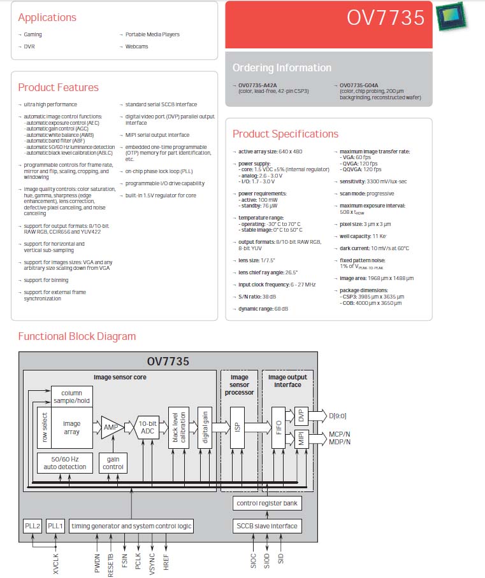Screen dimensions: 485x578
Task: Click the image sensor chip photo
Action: click(451, 17)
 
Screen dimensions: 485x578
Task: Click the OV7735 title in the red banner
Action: click(386, 17)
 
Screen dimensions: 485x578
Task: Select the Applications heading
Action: click(47, 17)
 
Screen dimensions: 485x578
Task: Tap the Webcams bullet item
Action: click(136, 46)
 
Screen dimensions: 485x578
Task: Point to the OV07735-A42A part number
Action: click(257, 85)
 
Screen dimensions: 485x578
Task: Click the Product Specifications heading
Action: click(286, 134)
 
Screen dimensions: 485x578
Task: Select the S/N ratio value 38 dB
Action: click(269, 297)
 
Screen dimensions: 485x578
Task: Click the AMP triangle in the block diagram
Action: click(112, 427)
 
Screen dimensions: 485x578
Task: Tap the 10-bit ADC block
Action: click(147, 427)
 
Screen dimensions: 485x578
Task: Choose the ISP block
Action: click(237, 428)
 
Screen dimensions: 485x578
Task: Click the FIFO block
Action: click(279, 428)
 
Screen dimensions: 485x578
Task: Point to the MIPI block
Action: click(301, 439)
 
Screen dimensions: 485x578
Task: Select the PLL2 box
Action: click(33, 526)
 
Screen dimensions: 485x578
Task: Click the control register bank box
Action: click(267, 503)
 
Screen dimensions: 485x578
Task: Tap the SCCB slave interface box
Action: click(267, 526)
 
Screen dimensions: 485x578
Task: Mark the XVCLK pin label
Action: click(55, 564)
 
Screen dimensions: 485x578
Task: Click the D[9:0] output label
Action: click(338, 416)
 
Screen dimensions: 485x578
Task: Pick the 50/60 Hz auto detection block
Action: click(65, 463)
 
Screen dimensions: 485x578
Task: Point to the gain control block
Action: click(113, 463)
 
